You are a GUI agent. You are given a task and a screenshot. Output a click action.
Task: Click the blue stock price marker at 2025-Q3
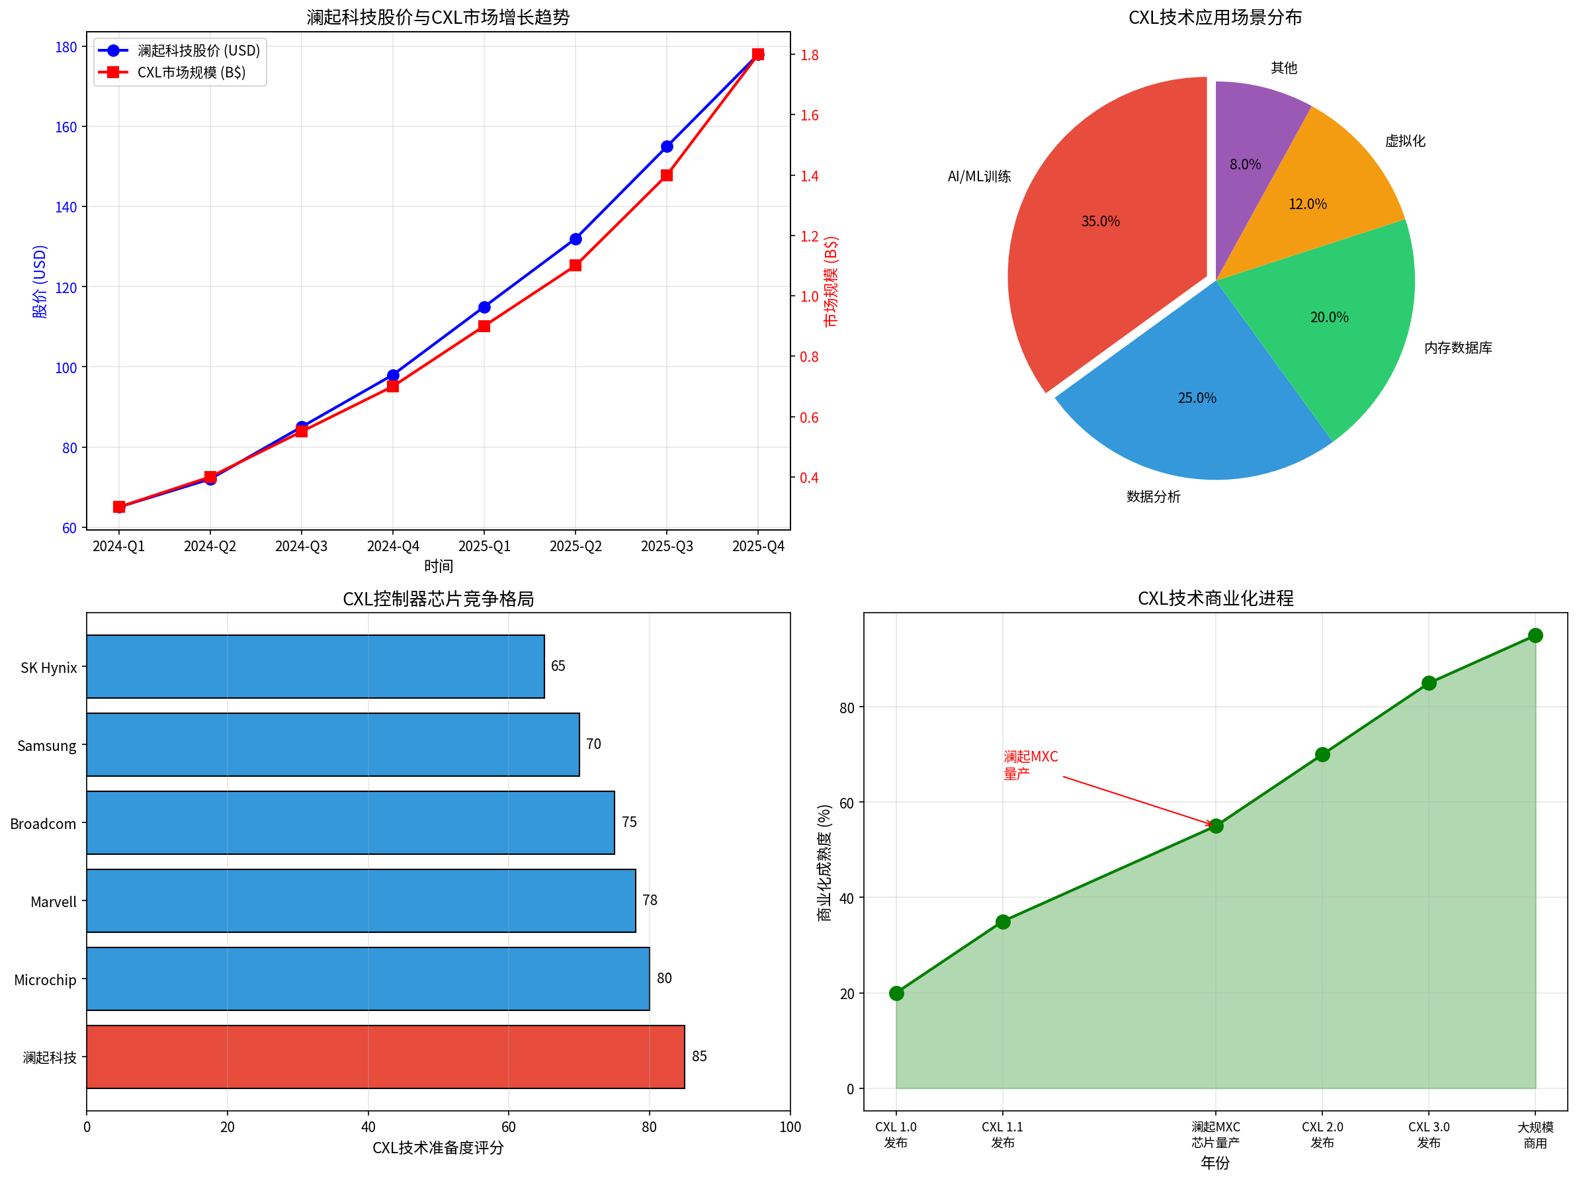coord(667,146)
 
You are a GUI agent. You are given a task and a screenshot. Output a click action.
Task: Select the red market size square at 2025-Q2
coord(575,265)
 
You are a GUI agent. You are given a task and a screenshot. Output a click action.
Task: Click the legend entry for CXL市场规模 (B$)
coord(191,73)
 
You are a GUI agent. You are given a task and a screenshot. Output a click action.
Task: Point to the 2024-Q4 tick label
coord(393,547)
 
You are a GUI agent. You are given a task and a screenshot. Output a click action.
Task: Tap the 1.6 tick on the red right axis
coord(809,116)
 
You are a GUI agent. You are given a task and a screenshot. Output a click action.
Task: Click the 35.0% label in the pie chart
coord(1100,222)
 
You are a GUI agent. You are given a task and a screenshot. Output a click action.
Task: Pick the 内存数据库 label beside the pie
coord(1458,348)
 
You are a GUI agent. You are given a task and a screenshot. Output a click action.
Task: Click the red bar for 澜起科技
coord(385,1057)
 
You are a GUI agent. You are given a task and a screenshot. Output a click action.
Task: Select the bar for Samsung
coord(333,744)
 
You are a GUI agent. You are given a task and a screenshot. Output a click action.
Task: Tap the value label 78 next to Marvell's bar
coord(650,900)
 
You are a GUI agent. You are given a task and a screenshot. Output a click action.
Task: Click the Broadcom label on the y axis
coord(43,824)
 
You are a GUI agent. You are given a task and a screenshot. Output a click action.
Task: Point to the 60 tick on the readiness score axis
coord(508,1127)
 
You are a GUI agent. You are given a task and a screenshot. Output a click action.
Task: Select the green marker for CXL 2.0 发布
coord(1322,754)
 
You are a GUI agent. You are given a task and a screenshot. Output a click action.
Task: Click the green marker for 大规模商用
coord(1535,635)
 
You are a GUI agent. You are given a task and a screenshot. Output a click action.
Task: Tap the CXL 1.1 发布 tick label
coord(1002,1135)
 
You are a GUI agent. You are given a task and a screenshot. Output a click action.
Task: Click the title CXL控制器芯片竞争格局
coord(438,599)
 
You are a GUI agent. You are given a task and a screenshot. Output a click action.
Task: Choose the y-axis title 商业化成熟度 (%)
coord(824,863)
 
